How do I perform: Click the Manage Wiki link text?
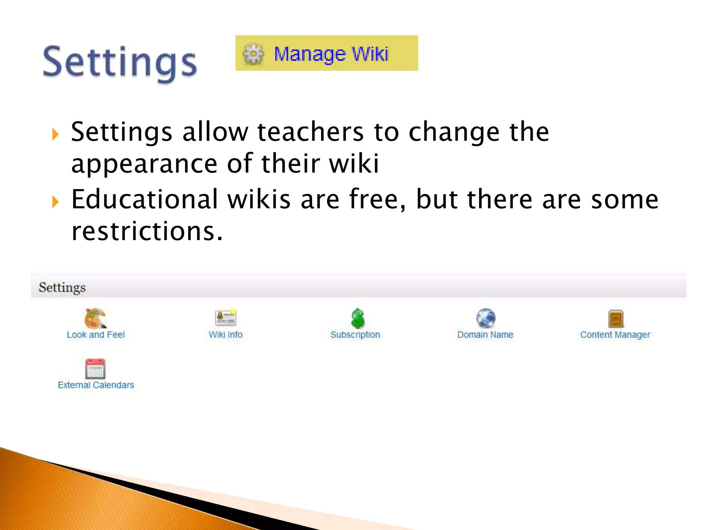pos(331,54)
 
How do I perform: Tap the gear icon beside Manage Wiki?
pos(253,54)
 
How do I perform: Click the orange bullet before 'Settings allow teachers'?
pos(56,134)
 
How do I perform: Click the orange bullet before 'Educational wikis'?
pos(56,202)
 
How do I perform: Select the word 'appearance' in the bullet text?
pos(144,164)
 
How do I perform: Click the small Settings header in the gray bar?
pos(62,287)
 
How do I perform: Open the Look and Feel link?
pos(96,335)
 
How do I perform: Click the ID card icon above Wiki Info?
pos(225,317)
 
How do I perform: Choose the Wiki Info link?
pos(225,335)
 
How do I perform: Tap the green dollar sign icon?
pos(358,318)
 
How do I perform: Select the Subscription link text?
pos(355,335)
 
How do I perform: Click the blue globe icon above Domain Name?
pos(485,318)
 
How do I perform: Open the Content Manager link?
pos(615,335)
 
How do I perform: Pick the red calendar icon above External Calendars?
pos(95,369)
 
